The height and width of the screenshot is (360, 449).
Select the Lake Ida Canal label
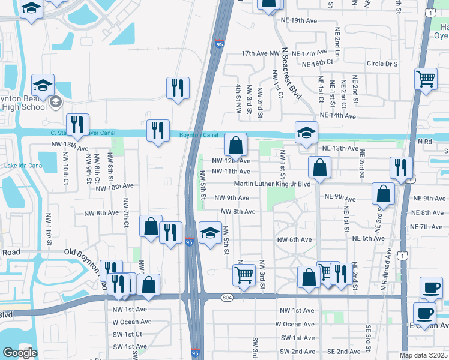click(24, 166)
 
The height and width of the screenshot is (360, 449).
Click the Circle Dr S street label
click(382, 64)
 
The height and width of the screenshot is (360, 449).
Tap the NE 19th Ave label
click(298, 20)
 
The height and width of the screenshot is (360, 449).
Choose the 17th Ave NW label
click(261, 53)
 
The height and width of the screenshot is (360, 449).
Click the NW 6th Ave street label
click(294, 239)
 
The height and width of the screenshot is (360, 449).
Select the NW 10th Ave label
click(114, 187)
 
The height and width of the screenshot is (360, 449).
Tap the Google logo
click(20, 353)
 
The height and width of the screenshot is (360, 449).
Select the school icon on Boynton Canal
click(306, 133)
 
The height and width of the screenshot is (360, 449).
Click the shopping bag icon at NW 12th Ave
click(237, 145)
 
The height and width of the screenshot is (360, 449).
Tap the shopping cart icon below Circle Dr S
click(426, 79)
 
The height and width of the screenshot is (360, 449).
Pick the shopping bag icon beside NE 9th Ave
click(382, 194)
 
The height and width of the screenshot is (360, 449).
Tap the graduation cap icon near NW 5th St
click(210, 233)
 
